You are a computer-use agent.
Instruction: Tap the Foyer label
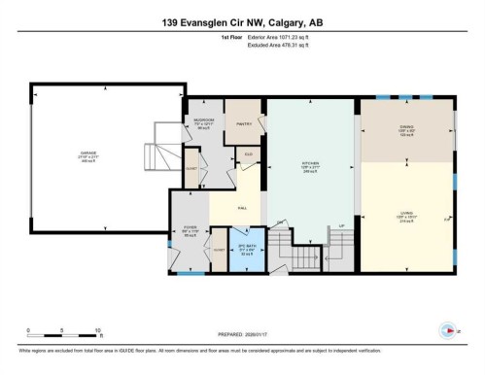point(188,231)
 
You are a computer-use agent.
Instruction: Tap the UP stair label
point(341,226)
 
